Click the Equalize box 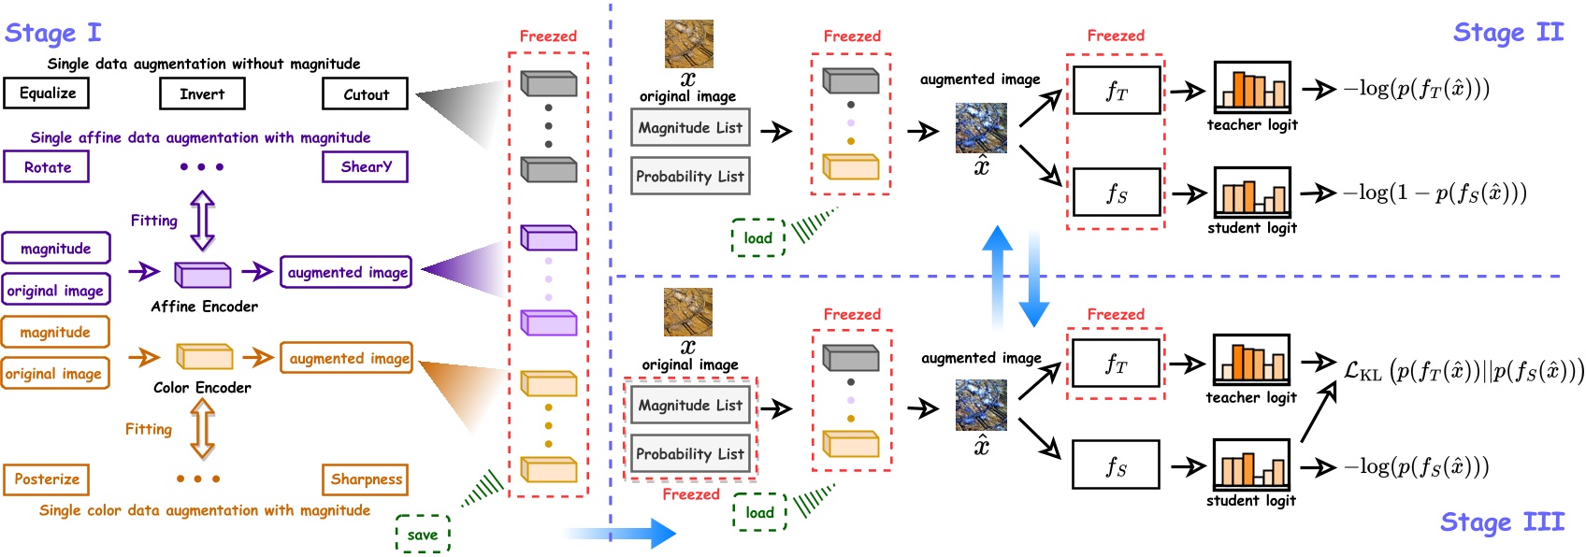coord(47,93)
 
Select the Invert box coord(202,94)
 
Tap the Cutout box coord(366,94)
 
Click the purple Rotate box coord(47,167)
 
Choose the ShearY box coord(366,167)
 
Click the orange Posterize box coord(47,479)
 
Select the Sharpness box coord(366,479)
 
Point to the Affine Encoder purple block coord(203,274)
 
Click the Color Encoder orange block coord(204,356)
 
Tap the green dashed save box coord(423,535)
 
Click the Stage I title coord(52,33)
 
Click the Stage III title coord(1501,521)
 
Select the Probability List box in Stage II coord(690,177)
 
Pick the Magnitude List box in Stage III coord(690,406)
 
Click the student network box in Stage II coord(1116,193)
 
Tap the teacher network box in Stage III coord(1116,364)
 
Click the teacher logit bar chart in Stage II coord(1251,88)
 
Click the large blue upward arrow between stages coord(997,276)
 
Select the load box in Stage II coord(757,238)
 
